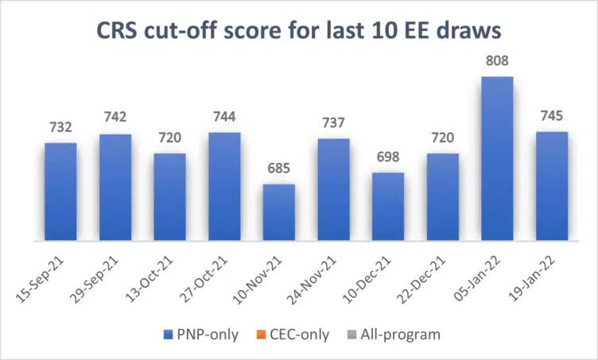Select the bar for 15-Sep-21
point(60,191)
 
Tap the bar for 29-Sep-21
point(115,187)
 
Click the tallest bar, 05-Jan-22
point(497,159)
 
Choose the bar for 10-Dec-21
point(388,207)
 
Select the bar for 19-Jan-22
point(552,185)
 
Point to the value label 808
point(497,62)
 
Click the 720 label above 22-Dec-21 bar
point(442,138)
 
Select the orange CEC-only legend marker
point(268,335)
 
